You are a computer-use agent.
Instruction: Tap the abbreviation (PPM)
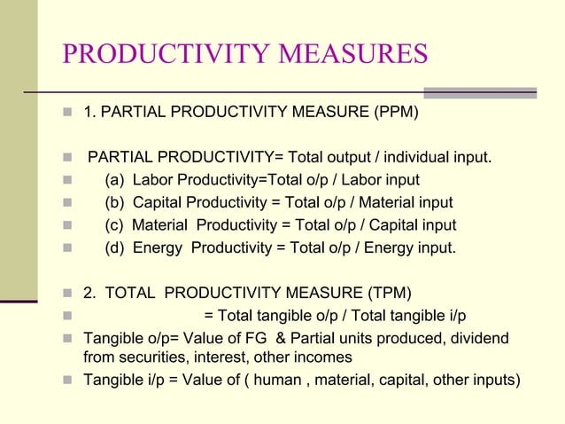(390, 114)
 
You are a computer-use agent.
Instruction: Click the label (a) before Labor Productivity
(114, 181)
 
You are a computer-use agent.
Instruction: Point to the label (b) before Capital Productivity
(114, 203)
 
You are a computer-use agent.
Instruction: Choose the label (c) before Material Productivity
(114, 225)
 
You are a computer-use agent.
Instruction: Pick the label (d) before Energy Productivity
(114, 247)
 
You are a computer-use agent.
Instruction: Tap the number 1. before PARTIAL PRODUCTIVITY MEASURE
(89, 114)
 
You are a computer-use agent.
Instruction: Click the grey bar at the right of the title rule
(480, 92)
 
